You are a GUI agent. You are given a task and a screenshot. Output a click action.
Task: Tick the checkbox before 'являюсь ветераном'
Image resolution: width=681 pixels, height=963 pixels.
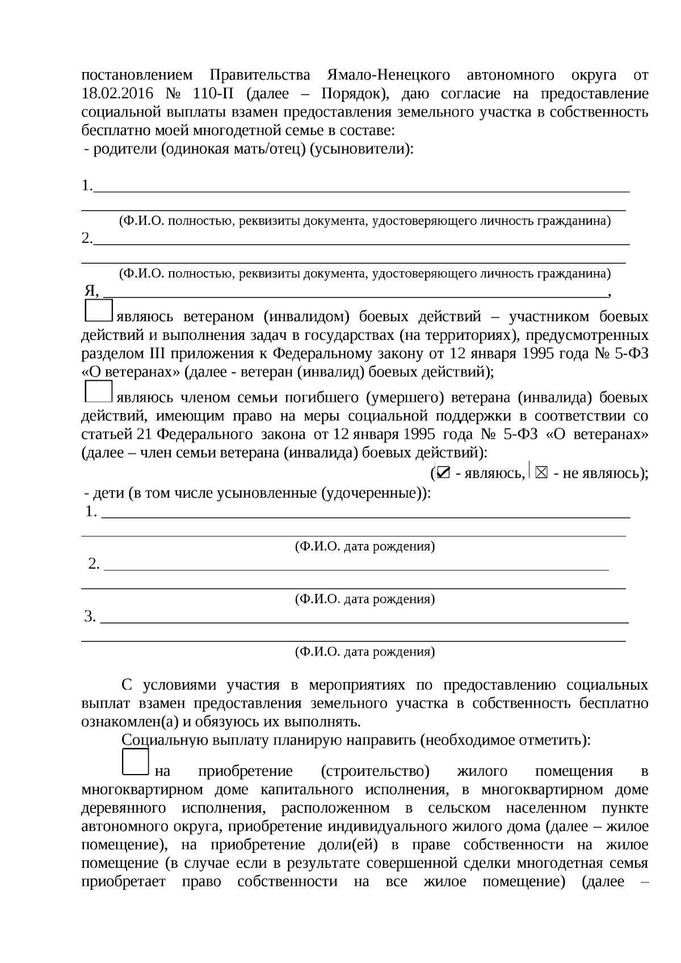[x=98, y=311]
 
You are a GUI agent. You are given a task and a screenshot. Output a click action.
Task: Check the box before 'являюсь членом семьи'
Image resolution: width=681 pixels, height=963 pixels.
[x=98, y=392]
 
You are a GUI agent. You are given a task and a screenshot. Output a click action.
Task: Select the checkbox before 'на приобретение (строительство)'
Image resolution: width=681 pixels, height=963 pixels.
[x=135, y=762]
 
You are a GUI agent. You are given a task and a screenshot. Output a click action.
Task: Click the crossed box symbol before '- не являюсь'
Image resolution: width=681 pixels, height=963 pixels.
[x=541, y=473]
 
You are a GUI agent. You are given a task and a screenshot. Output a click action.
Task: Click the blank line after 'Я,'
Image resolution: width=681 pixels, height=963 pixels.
[x=355, y=293]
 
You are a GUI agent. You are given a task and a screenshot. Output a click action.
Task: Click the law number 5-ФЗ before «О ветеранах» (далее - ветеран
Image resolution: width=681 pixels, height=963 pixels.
[x=632, y=354]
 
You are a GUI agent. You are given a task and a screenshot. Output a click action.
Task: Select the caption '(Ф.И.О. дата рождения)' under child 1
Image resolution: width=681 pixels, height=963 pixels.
[x=364, y=546]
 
